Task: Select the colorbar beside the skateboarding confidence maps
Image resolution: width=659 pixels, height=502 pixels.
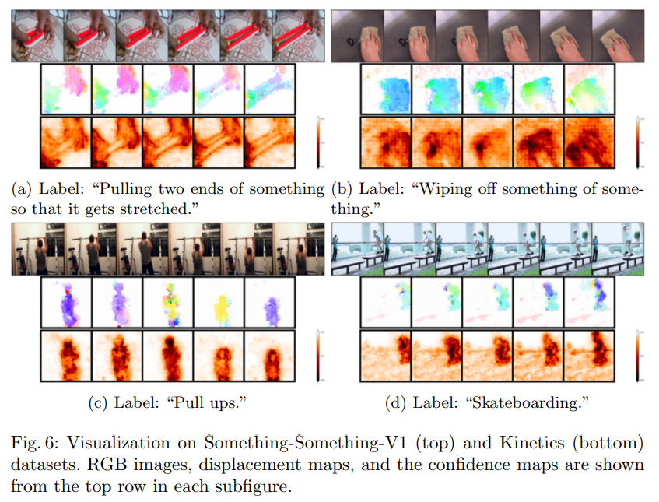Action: (636, 356)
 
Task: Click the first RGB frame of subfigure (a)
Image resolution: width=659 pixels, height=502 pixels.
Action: (36, 36)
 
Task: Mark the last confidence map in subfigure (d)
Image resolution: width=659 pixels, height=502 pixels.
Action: (590, 356)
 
